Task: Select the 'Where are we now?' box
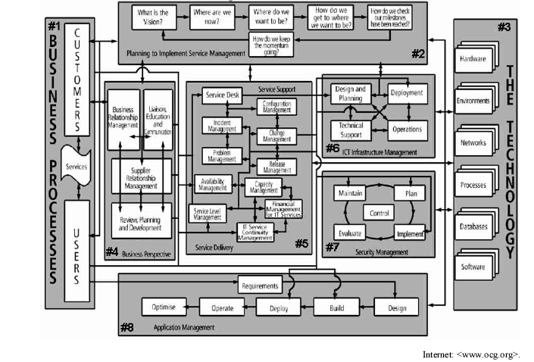click(x=212, y=17)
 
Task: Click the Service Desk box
click(x=220, y=95)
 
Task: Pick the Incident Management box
click(x=220, y=126)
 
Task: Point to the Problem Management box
click(x=220, y=155)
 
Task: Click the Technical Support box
click(x=350, y=130)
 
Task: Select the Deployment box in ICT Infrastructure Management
click(x=407, y=93)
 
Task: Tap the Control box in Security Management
click(x=379, y=213)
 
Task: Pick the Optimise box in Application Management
click(x=164, y=307)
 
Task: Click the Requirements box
click(x=261, y=286)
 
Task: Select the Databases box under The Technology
click(x=473, y=226)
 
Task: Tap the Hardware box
click(x=473, y=58)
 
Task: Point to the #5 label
click(x=301, y=244)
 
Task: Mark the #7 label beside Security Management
click(x=332, y=247)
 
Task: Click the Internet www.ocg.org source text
click(x=471, y=354)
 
